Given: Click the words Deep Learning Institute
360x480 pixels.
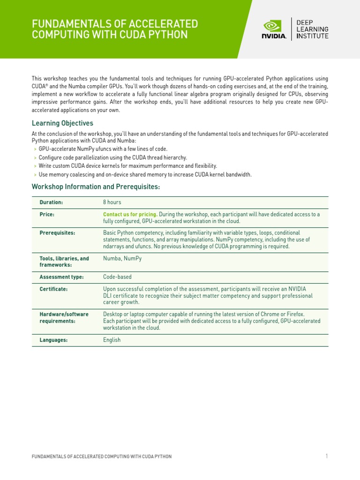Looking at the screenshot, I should coord(312,29).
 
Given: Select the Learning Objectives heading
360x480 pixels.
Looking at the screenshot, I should coord(62,123).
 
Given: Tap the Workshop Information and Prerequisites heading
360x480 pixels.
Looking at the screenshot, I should coord(96,187).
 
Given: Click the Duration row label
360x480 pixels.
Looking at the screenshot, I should coord(51,202).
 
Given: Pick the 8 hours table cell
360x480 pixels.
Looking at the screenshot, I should coord(112,202).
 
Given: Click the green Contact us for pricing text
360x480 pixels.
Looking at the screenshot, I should coord(130,214).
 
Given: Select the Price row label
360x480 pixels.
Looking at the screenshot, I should coord(47,214).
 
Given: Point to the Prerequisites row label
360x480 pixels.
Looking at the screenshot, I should coord(57,232).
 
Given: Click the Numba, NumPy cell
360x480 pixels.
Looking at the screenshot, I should coord(122,258).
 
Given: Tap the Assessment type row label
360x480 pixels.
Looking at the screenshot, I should coord(61,277).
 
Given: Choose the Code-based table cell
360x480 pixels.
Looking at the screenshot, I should coord(117,277).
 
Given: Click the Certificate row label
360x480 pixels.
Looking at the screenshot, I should coord(53,289).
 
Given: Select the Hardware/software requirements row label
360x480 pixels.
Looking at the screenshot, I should coord(64,317).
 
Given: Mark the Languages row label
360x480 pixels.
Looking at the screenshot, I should coord(53,340).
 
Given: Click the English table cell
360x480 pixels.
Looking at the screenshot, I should coord(112,340).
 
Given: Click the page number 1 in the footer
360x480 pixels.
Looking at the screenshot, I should coord(326,456).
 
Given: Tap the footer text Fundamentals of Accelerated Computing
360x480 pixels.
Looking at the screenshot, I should coord(101,457).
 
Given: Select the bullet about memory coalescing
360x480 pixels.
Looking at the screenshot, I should coord(145,174).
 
